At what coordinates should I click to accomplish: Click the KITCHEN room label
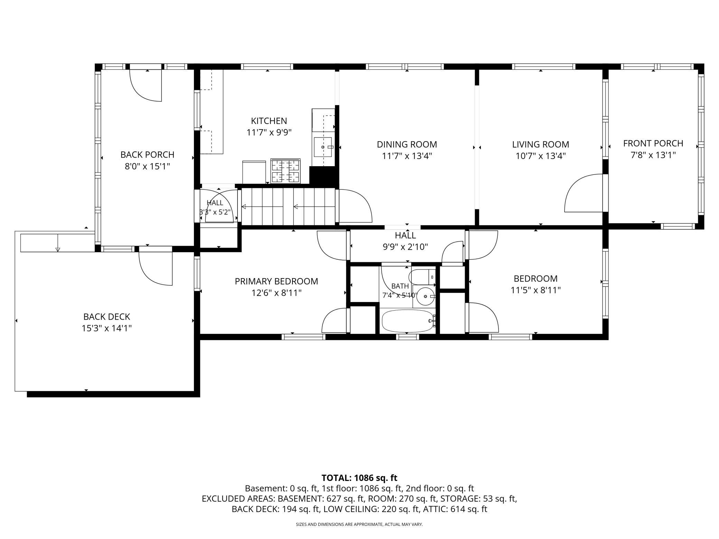click(x=269, y=121)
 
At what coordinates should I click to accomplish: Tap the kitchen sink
click(x=323, y=147)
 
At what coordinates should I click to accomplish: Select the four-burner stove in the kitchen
click(x=286, y=171)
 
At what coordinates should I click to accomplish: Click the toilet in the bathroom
click(x=422, y=277)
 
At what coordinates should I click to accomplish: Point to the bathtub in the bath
click(x=408, y=321)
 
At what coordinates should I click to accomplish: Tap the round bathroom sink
click(x=424, y=296)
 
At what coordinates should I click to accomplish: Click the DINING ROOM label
click(x=407, y=144)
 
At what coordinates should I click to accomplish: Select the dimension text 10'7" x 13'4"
click(x=541, y=156)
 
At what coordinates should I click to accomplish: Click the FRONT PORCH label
click(x=653, y=143)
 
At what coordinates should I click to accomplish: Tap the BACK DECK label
click(x=107, y=316)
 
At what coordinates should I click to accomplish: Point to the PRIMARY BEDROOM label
click(x=277, y=281)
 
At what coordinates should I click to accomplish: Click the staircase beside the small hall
click(x=288, y=206)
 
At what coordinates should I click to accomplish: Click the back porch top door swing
click(x=146, y=85)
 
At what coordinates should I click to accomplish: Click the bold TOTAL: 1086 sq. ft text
click(x=359, y=478)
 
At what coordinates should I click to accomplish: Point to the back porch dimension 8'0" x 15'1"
click(x=148, y=166)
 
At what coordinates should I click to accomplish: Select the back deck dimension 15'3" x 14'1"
click(x=107, y=328)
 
